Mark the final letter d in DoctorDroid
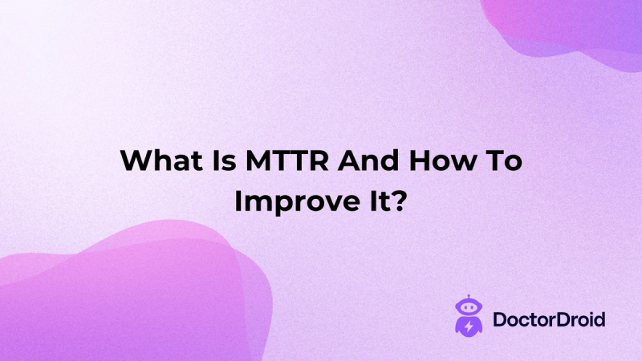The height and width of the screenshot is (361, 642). [x=599, y=318]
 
